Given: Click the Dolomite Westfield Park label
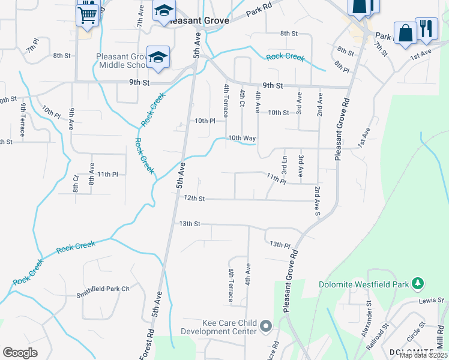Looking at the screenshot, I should point(363,284).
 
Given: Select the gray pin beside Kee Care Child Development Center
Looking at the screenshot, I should point(266,327).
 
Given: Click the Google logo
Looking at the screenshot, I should point(20,353).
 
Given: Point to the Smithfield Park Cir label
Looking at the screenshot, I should point(103,289).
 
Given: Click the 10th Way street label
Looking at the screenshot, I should point(242,138).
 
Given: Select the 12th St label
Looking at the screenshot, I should point(194,198).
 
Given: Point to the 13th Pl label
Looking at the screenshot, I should point(280,245).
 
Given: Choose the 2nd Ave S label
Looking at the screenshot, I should point(316,201).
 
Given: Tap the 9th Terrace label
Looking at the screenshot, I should point(22,119).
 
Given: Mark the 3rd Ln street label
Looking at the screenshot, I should point(284,164).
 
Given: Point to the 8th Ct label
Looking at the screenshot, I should point(76,184).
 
